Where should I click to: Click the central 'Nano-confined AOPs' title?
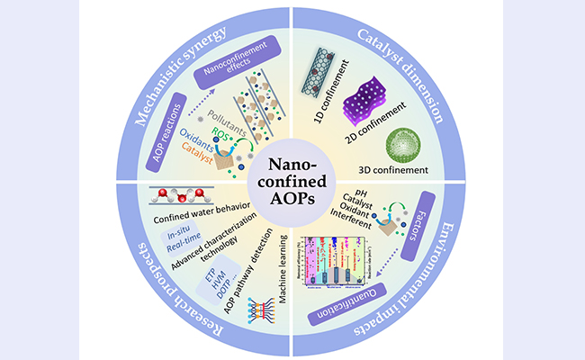coord(292,181)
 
